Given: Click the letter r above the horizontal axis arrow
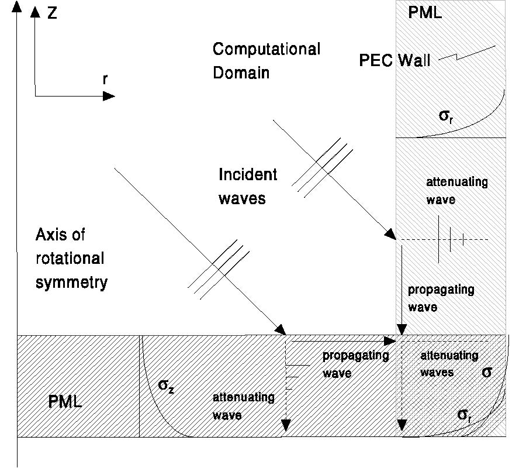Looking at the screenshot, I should [105, 80].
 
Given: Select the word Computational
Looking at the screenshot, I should [267, 49].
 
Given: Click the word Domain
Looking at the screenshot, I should [241, 73].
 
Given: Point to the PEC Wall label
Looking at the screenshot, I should [394, 60].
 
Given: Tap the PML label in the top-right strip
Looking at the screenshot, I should [425, 12].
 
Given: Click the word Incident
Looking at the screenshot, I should [248, 174].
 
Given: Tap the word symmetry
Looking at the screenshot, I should [72, 283].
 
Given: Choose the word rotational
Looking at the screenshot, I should [70, 259].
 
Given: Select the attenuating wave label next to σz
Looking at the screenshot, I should [243, 406].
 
